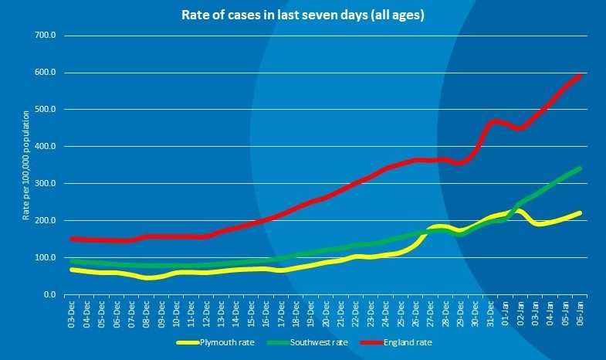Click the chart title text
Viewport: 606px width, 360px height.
pos(303,15)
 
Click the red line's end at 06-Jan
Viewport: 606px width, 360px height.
pos(580,75)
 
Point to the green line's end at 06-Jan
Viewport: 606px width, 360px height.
pos(580,168)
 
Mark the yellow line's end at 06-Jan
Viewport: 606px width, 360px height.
pos(580,212)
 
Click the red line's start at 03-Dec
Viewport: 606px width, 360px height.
pos(72,239)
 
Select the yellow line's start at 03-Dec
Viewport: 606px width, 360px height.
pos(72,269)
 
